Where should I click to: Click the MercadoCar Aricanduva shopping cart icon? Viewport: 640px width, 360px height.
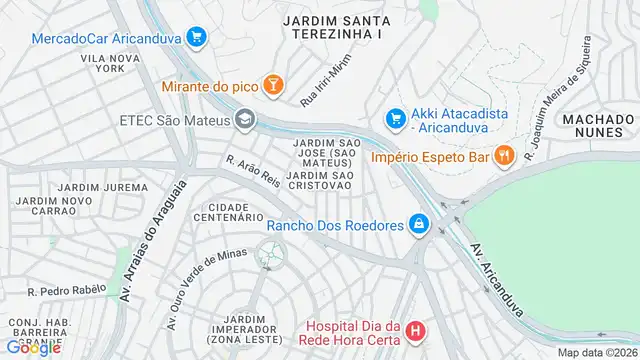(196, 38)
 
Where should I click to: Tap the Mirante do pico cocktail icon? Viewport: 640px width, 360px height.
(273, 87)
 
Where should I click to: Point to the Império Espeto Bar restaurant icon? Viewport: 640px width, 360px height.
(504, 156)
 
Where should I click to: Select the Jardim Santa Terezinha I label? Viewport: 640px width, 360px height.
(333, 26)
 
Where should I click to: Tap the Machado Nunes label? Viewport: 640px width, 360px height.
(598, 126)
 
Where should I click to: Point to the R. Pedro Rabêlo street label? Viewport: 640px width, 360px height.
(66, 290)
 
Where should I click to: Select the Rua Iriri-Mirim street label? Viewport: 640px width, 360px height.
(327, 87)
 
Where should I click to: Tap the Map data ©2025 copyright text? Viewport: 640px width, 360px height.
(597, 352)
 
